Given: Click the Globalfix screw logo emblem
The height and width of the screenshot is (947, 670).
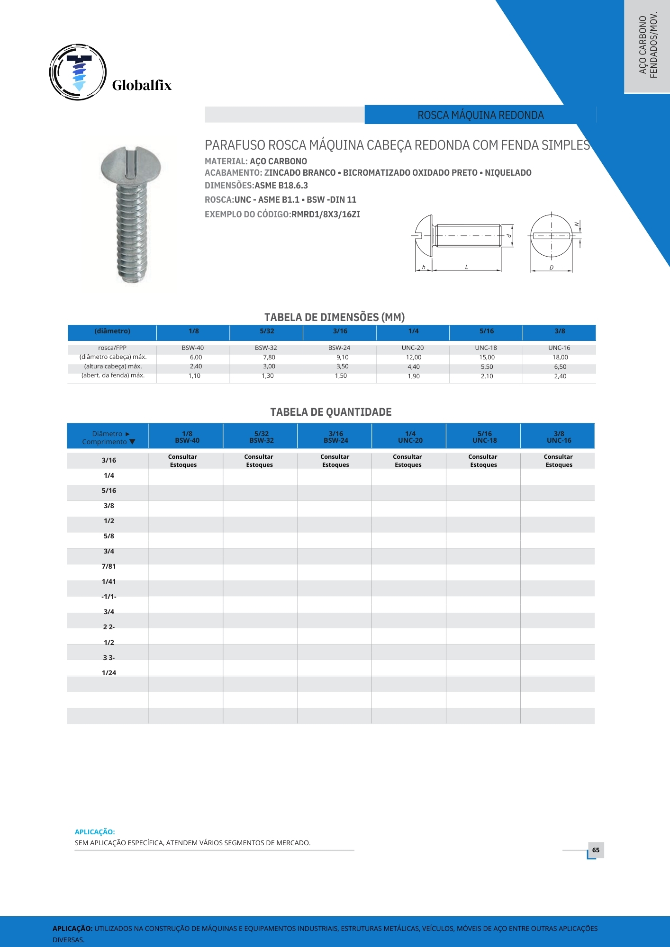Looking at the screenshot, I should [x=78, y=72].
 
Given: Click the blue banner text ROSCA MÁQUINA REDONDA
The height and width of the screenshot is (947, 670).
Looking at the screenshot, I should [x=480, y=115].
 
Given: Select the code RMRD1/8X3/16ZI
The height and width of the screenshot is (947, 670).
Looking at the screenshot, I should [x=326, y=214].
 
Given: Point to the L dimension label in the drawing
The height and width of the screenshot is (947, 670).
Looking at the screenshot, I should [x=466, y=268].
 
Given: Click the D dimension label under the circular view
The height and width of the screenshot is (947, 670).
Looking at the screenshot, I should [x=551, y=268].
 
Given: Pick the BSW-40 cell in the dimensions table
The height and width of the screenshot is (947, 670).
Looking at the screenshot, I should [x=193, y=348].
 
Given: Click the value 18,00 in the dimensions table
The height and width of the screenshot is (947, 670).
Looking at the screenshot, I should [x=560, y=357].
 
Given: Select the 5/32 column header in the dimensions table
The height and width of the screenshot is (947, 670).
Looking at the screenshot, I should [x=267, y=331].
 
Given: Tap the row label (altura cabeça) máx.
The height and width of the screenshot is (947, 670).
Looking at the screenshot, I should [x=113, y=366].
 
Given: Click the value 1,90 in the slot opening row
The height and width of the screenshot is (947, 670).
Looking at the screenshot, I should [x=414, y=376].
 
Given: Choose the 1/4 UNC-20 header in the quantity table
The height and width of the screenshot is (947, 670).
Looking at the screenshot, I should [x=410, y=437].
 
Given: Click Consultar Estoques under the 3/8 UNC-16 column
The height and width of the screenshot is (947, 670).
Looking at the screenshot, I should [x=559, y=461].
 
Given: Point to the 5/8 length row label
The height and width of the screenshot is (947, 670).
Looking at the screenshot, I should [x=109, y=536].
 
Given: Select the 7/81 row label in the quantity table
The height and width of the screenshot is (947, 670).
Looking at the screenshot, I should [x=109, y=566].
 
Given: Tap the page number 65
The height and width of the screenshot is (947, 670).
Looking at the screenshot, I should [x=596, y=850].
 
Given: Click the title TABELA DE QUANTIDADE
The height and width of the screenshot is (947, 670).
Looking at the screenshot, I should [x=331, y=412].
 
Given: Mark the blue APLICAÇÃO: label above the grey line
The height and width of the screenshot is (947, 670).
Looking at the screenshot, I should [x=95, y=832].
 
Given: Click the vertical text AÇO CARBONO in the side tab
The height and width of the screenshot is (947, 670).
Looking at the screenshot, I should [x=643, y=45].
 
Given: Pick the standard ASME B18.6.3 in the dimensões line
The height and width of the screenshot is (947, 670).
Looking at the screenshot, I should [x=281, y=186].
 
